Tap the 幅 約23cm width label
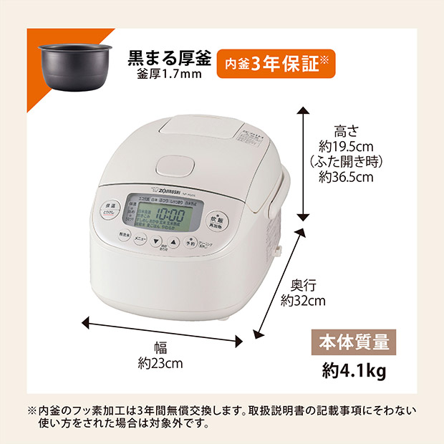tap(160, 356)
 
